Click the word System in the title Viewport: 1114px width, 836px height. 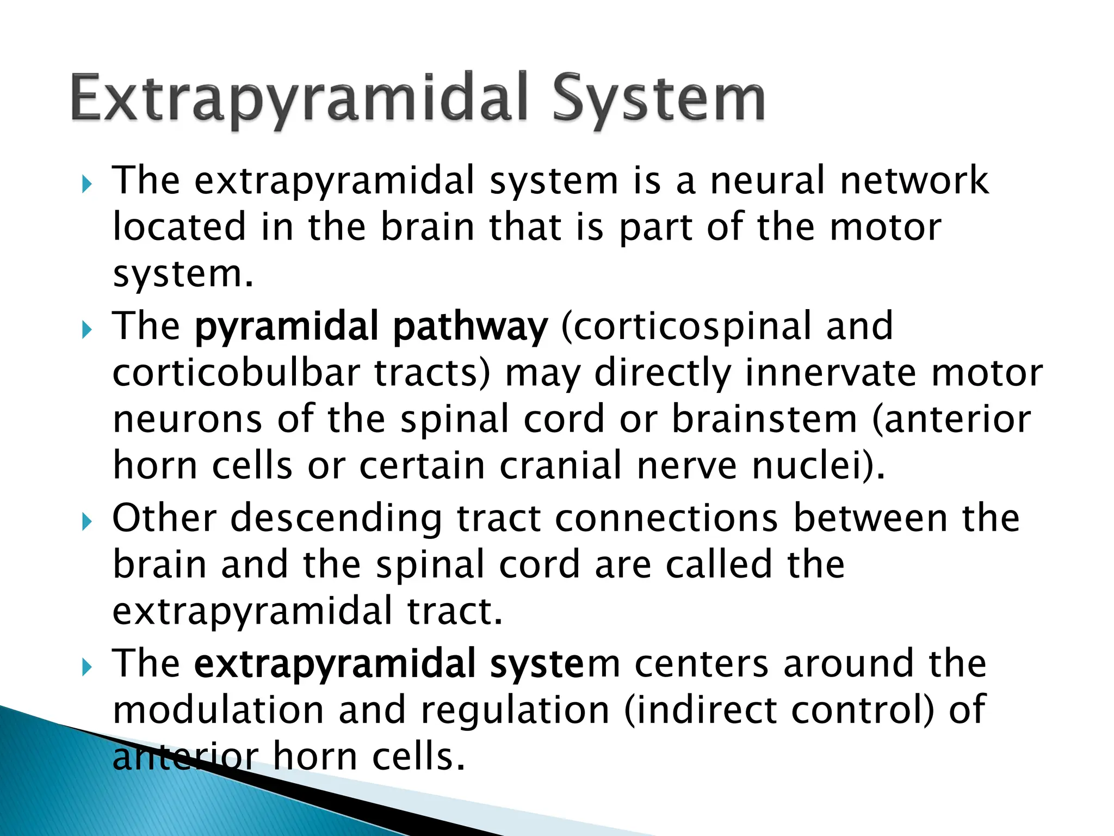659,100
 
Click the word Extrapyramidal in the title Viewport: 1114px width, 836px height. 300,100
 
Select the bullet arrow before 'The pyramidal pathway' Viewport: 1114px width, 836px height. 87,329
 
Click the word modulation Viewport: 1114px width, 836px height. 218,710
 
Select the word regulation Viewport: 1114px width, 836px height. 515,710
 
